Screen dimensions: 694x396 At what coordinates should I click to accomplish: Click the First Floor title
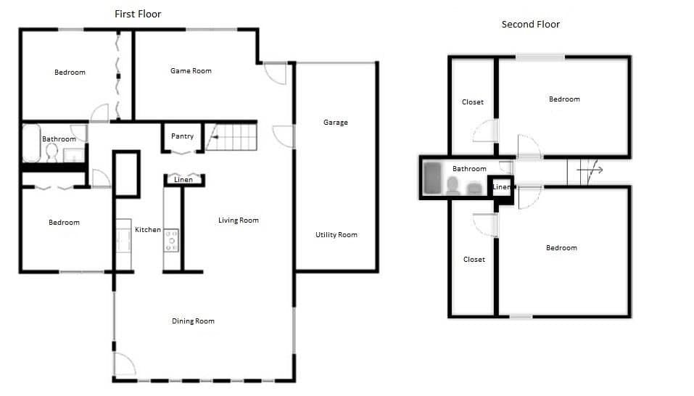[x=138, y=15]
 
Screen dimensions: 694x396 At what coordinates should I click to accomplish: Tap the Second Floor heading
[x=530, y=25]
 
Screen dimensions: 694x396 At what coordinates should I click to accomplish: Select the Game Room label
[x=191, y=71]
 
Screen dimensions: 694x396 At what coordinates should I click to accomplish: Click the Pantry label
[x=182, y=136]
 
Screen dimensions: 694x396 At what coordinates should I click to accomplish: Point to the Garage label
[x=336, y=123]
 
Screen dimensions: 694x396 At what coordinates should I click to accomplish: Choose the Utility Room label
[x=336, y=235]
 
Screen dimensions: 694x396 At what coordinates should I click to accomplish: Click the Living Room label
[x=238, y=220]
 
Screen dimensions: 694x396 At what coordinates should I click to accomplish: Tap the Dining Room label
[x=193, y=321]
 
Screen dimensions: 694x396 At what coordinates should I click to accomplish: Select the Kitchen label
[x=148, y=230]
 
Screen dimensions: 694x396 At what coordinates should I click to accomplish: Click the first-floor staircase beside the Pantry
[x=231, y=137]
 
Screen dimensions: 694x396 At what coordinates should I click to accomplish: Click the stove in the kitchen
[x=171, y=241]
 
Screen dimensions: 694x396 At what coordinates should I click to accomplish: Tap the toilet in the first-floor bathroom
[x=51, y=152]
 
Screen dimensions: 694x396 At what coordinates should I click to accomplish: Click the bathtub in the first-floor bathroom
[x=31, y=144]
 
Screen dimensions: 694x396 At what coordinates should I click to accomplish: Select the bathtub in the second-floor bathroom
[x=432, y=178]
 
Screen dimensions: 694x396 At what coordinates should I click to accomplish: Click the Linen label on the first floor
[x=183, y=180]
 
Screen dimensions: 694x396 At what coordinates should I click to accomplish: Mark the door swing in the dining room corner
[x=125, y=363]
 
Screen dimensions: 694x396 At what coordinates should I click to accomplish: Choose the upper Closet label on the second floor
[x=473, y=102]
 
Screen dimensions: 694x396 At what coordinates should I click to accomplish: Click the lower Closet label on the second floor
[x=474, y=260]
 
